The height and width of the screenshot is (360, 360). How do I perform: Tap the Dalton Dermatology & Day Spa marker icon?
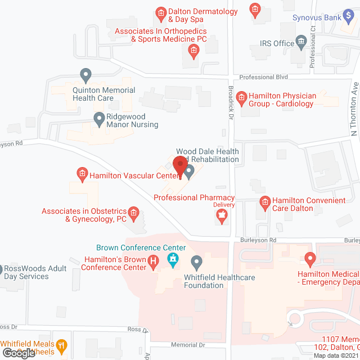tap(161, 12)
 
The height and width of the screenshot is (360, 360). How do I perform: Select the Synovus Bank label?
tap(317, 17)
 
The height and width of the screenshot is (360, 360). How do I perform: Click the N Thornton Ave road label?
tap(354, 110)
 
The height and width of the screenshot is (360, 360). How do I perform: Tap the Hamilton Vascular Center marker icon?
tap(82, 174)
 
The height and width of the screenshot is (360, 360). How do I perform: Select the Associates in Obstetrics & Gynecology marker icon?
tap(133, 212)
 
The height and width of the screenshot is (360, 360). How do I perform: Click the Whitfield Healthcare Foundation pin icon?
tap(196, 262)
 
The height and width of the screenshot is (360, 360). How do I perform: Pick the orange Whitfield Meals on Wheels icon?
tap(62, 345)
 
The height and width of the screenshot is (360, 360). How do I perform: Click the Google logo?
tap(19, 353)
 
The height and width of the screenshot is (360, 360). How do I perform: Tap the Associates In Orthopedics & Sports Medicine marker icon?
tap(193, 52)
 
